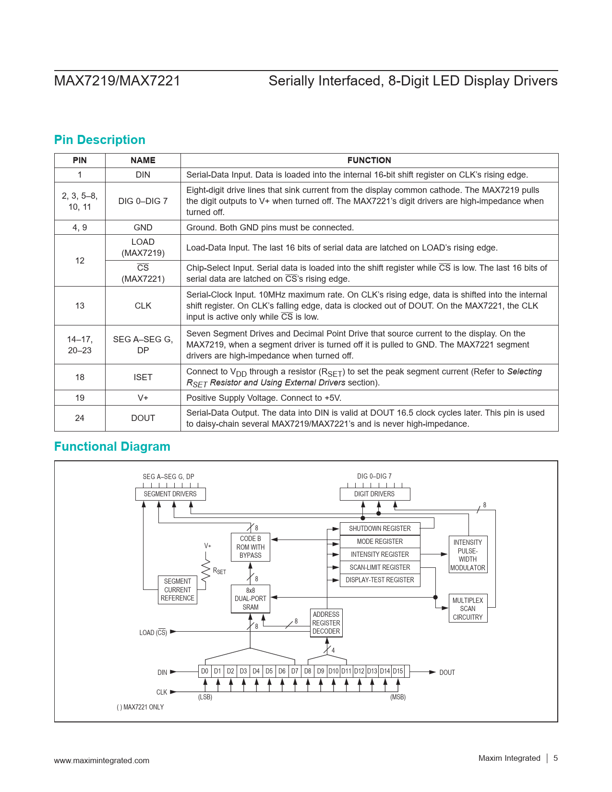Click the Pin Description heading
point(99,140)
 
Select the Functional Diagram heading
point(112,446)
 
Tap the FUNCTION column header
point(369,160)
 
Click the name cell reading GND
point(143,228)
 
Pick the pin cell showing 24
point(80,418)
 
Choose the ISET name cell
point(143,377)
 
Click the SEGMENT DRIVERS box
point(170,494)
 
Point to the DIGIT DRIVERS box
point(374,494)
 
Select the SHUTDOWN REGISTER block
point(380,528)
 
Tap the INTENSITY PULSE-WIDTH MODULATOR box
point(468,555)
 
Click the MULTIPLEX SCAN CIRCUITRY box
point(468,609)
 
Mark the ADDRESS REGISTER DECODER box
point(326,623)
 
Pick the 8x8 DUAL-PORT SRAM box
point(250,599)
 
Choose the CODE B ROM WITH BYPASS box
point(250,547)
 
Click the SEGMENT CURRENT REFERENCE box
point(178,590)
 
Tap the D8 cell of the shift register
point(308,671)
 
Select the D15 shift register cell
point(398,671)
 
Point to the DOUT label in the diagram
point(447,672)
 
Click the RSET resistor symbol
point(206,569)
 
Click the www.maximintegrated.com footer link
point(101,760)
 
